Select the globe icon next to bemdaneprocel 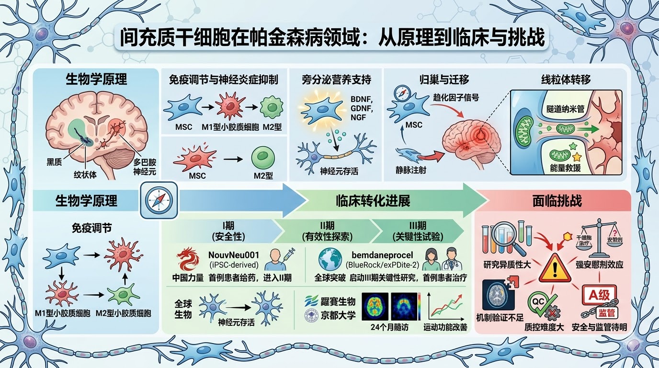pos(331,259)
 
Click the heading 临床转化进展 pos(373,201)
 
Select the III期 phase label pos(415,225)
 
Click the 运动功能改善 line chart pos(446,307)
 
